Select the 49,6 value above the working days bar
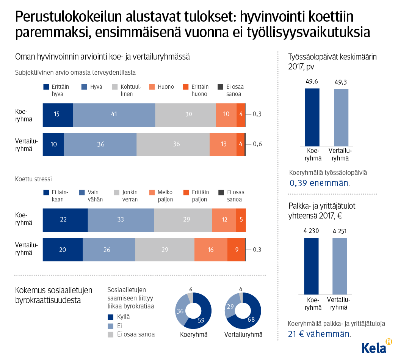tap(312, 81)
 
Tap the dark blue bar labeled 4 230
tap(311, 266)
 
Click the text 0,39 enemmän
tap(320, 183)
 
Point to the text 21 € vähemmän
tap(319, 334)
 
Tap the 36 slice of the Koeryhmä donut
tap(181, 311)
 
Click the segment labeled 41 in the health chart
tap(114, 115)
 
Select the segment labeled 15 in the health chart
tap(57, 115)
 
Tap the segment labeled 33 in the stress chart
tap(121, 220)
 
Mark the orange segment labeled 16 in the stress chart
tap(211, 250)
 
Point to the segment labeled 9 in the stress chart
tap(236, 250)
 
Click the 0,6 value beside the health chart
tap(257, 144)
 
